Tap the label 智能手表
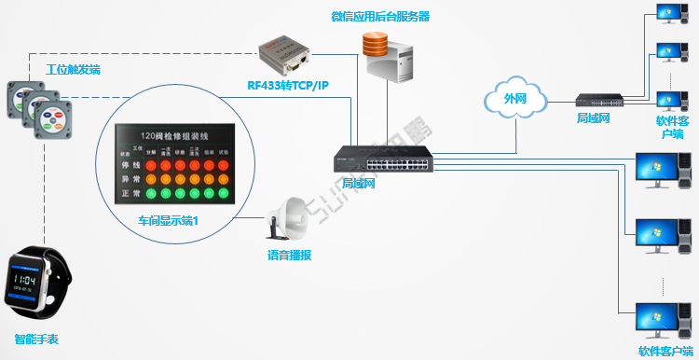pos(36,339)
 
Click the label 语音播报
pos(289,254)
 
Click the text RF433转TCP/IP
pos(287,86)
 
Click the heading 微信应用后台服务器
pos(380,17)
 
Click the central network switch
pos(383,160)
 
